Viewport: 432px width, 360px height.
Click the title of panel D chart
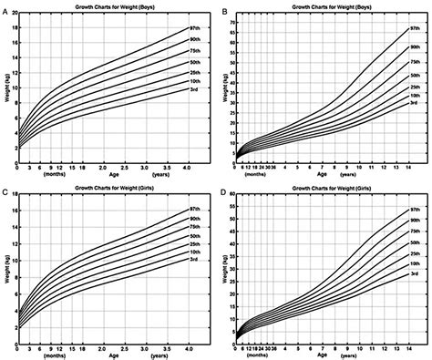[325, 189]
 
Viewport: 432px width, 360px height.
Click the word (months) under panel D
[257, 355]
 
